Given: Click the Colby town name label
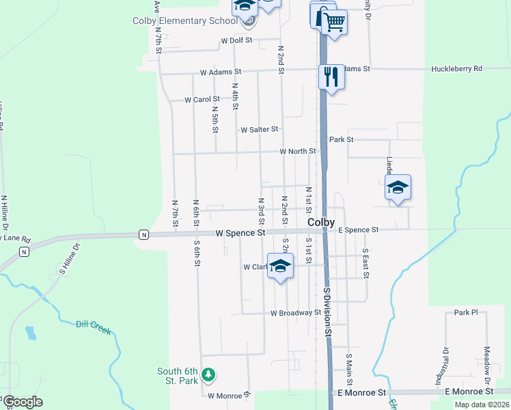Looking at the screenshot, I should click(x=321, y=223).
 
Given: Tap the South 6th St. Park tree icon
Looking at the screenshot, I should click(x=209, y=375).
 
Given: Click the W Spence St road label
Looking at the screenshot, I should click(x=240, y=233).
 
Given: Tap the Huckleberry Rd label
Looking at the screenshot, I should click(x=456, y=69).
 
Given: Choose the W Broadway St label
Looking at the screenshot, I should click(x=295, y=313).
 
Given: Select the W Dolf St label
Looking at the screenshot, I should click(x=236, y=41).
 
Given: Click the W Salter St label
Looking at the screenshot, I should click(x=259, y=129).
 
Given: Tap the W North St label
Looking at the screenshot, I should click(x=298, y=151).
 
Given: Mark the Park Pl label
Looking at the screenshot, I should click(x=466, y=312).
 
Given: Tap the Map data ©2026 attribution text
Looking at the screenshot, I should click(x=481, y=405).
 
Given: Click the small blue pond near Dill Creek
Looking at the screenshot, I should click(x=30, y=333).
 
